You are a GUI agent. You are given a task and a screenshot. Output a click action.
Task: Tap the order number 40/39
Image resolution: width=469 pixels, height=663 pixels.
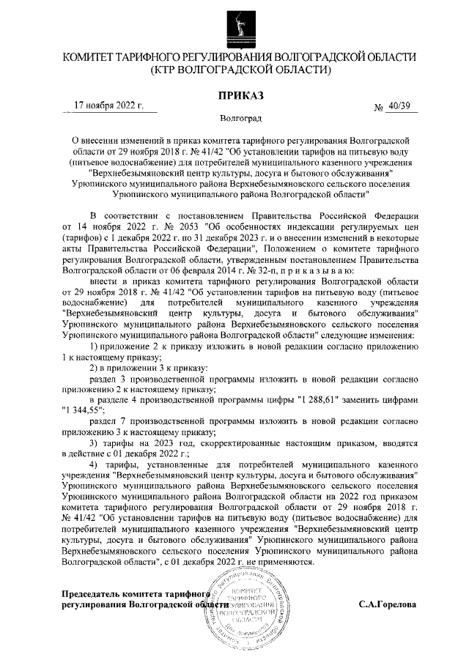[x=401, y=107]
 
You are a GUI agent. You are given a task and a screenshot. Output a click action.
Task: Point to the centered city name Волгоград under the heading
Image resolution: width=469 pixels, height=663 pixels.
[x=240, y=118]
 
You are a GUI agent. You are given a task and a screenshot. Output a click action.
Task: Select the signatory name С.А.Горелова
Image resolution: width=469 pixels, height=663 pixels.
[x=388, y=605]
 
